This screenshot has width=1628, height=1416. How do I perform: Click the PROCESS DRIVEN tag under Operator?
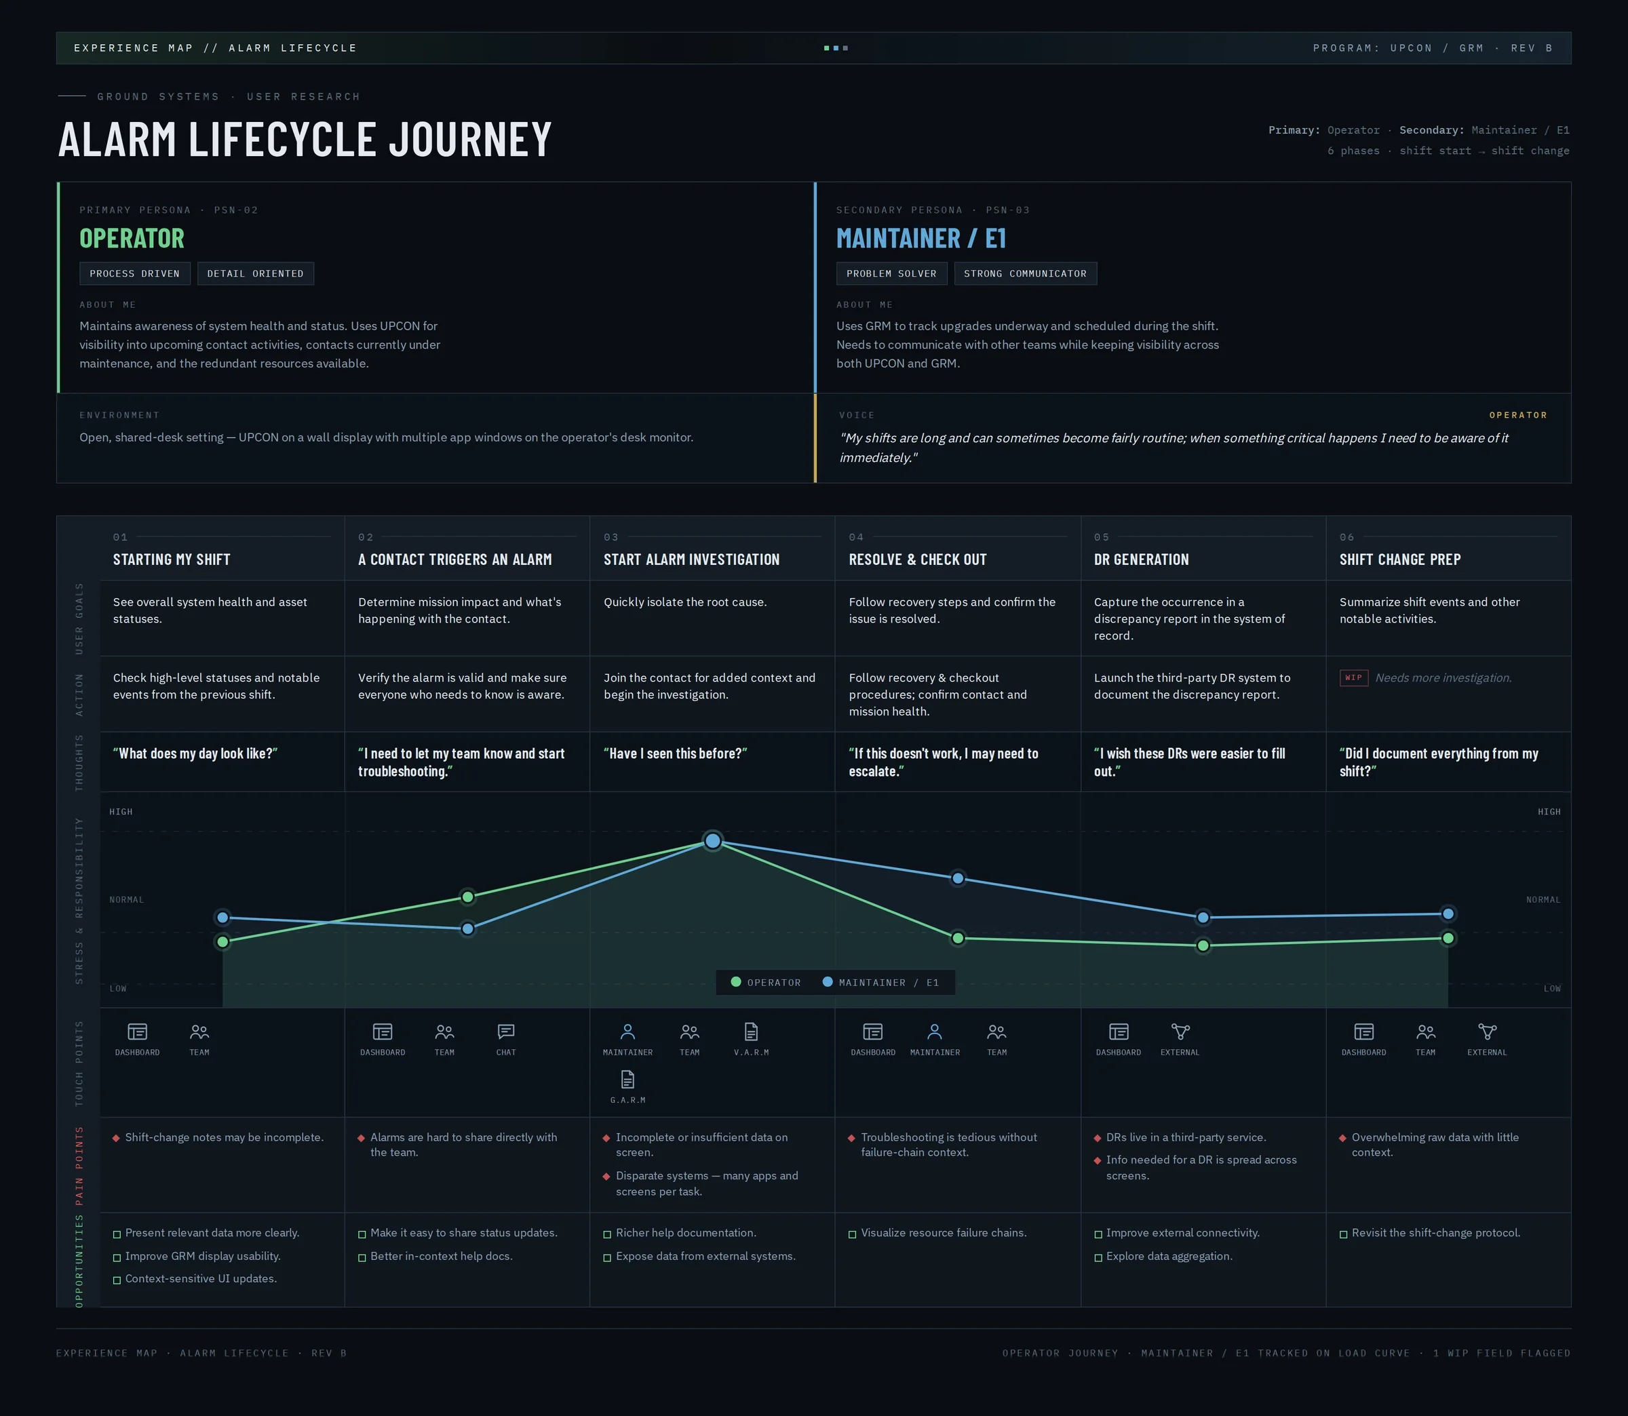(134, 273)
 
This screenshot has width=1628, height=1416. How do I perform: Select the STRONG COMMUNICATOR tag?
(1025, 273)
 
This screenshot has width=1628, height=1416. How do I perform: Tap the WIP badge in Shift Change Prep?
(1354, 678)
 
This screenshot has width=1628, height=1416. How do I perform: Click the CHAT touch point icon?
(506, 1032)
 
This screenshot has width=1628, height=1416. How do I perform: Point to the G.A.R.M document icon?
(627, 1080)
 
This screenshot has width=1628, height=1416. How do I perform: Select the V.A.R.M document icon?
(751, 1032)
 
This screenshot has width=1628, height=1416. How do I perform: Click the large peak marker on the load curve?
(713, 841)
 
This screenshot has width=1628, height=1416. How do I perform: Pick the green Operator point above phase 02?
(468, 897)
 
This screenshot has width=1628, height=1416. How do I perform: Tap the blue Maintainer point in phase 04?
(958, 878)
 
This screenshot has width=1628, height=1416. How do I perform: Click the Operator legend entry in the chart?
(766, 982)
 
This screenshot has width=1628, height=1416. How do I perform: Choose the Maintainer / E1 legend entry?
(881, 982)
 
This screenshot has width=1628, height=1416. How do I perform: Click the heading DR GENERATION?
(1141, 559)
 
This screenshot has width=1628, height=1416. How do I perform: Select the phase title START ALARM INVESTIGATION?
(691, 559)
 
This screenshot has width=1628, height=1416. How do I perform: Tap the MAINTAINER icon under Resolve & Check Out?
(935, 1032)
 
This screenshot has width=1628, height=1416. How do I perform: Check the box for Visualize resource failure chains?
(853, 1234)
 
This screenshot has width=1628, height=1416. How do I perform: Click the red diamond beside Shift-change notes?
(116, 1138)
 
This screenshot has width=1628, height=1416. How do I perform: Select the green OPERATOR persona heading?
(132, 238)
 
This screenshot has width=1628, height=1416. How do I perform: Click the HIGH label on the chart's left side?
(121, 812)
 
